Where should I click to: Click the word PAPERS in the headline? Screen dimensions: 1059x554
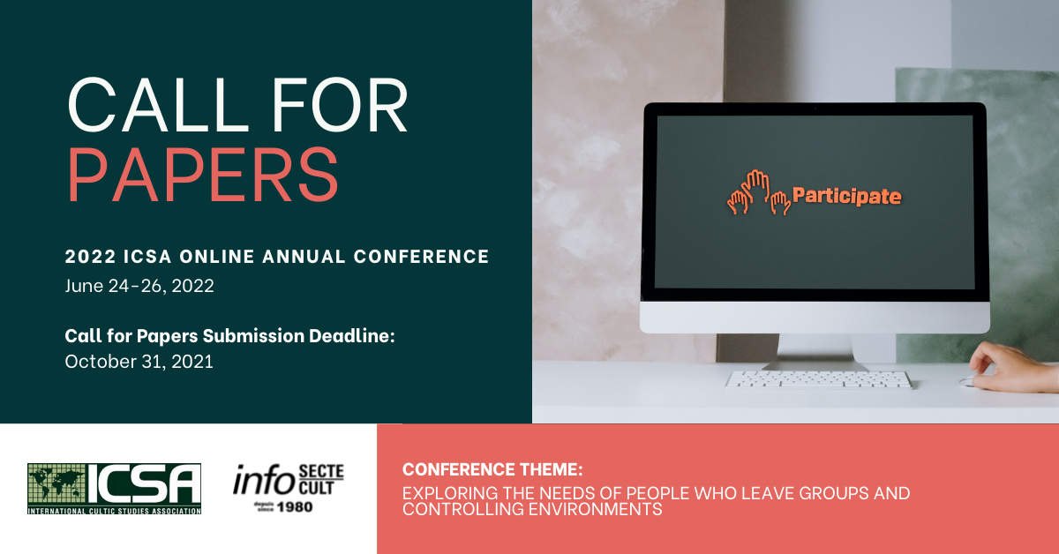[x=203, y=175]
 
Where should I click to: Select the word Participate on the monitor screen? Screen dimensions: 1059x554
[x=846, y=196]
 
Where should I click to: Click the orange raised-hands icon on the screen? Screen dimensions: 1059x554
[x=758, y=192]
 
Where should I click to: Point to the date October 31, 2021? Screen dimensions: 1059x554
[x=139, y=362]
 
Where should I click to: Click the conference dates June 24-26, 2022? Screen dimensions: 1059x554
[x=139, y=286]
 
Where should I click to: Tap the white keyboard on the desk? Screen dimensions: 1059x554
[x=818, y=379]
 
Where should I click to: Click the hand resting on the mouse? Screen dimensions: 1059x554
[x=1011, y=367]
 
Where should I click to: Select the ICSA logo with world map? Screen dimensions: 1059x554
[x=114, y=489]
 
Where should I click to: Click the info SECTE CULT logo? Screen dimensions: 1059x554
[x=289, y=488]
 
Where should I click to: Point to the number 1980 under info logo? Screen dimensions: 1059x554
[x=295, y=507]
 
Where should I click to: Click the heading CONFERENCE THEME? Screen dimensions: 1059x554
[x=492, y=470]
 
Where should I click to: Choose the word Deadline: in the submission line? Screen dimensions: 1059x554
[x=352, y=335]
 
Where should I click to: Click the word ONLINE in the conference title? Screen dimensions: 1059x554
[x=217, y=257]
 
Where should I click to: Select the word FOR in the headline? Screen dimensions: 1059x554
[x=340, y=105]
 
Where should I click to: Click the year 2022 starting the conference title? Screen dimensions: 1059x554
[x=90, y=257]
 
